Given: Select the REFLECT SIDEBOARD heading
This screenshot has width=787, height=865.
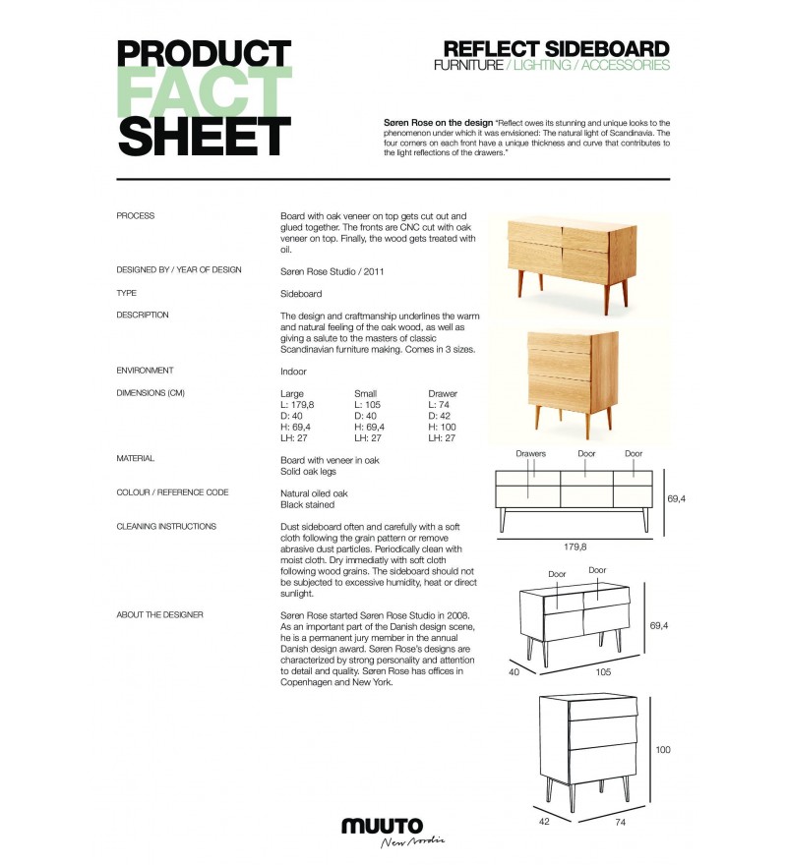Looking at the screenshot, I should point(556,49).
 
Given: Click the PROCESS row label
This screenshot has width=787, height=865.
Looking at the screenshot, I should point(136,215).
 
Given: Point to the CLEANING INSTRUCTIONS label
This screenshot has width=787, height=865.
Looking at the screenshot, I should point(166,526).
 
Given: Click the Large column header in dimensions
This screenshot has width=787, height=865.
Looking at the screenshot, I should point(292,394).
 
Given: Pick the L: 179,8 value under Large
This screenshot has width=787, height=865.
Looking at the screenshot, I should point(298,405).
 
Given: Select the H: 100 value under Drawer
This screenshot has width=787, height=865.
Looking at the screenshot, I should point(445,427).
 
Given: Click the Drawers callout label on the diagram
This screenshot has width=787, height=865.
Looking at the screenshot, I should point(530,454).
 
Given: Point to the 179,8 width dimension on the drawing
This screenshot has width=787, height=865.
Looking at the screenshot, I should point(575,547).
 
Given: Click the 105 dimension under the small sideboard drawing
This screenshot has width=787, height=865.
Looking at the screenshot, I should point(603,672).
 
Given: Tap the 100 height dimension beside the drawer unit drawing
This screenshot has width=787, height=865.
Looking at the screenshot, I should point(663,750).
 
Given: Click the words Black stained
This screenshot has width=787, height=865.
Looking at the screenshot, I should point(307,504).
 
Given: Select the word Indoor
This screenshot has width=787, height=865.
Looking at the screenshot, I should point(293,372).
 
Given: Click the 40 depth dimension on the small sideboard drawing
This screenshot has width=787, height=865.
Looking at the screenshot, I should point(512,672).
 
